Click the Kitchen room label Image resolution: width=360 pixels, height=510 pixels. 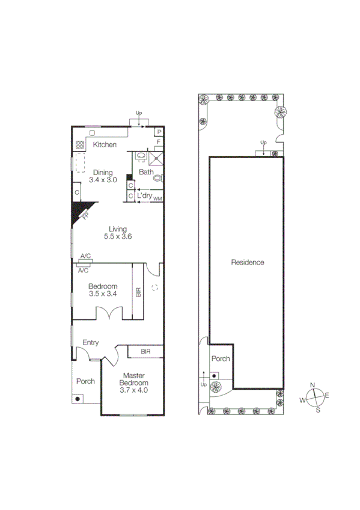tap(104, 145)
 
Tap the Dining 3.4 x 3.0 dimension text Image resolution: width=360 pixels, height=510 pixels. tap(102, 180)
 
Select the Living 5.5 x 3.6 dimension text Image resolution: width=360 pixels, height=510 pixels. tap(117, 236)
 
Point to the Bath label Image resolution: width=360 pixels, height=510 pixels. tap(146, 172)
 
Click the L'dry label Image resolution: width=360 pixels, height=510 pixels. tap(144, 196)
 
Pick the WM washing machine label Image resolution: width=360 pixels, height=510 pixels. tap(157, 198)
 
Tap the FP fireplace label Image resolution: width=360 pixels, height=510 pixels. tap(85, 215)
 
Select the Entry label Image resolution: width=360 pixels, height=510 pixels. tap(91, 343)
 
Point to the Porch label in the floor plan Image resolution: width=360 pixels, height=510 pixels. tap(85, 381)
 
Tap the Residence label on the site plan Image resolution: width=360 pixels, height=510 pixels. tap(248, 262)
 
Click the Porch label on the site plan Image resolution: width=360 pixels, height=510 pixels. tap(220, 358)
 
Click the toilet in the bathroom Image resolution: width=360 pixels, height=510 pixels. tap(157, 178)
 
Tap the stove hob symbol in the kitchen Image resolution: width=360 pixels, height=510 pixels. tap(80, 145)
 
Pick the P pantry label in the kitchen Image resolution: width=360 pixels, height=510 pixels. tap(159, 132)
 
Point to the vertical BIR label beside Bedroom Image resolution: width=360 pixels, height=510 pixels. tap(138, 293)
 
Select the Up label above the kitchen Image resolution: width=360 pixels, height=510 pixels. tap(139, 113)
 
